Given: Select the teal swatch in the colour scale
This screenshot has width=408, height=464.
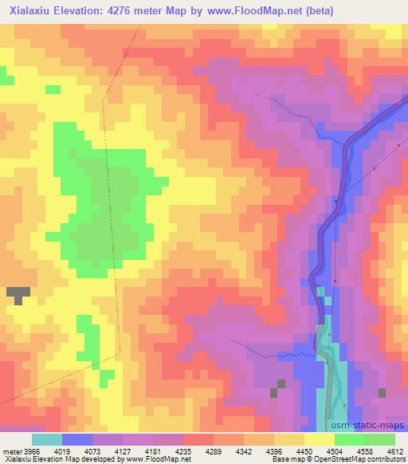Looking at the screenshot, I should (x=47, y=439).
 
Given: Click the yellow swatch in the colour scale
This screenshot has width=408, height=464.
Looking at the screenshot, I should (x=318, y=439).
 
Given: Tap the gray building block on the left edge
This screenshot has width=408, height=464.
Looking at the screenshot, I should (x=18, y=294).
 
